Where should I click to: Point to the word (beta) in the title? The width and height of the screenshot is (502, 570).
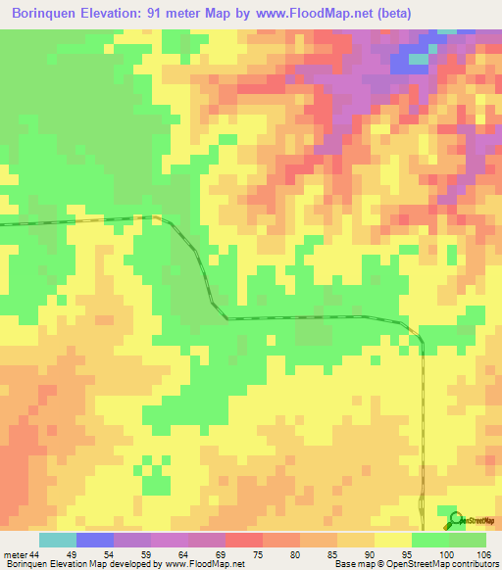pos(391,13)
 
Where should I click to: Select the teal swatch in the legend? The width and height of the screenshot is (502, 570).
pos(58,540)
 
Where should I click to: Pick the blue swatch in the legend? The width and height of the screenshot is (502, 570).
pos(95,540)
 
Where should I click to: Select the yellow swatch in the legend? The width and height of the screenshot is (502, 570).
pos(393,540)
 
